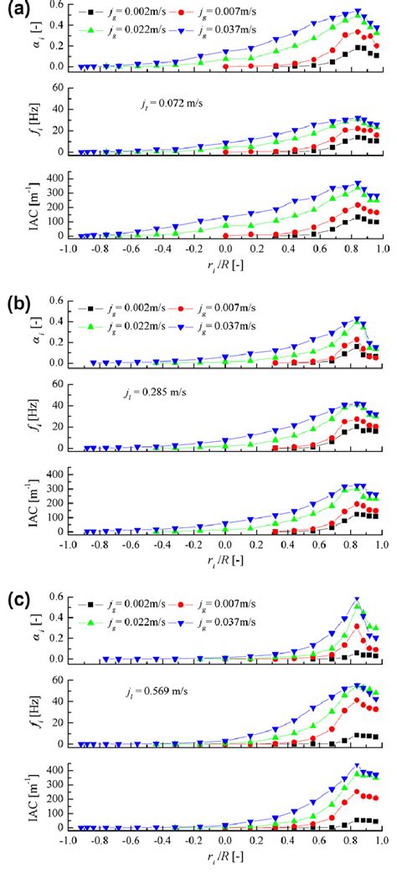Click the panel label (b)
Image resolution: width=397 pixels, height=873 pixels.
coord(19,303)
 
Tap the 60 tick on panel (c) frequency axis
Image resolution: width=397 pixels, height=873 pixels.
coord(58,680)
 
